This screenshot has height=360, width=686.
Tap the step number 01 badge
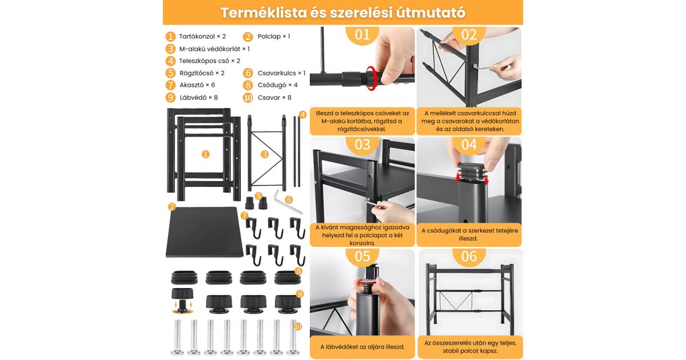(362, 35)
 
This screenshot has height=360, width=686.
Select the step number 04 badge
(469, 145)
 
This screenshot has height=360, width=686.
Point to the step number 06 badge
(469, 257)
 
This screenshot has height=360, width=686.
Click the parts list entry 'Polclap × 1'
(274, 37)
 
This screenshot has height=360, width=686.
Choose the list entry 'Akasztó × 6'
(197, 85)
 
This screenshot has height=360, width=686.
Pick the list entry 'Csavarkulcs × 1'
(281, 73)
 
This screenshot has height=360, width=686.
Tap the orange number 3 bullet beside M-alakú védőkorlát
(170, 49)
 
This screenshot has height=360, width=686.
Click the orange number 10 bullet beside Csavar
(248, 98)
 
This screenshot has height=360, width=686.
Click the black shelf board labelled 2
(204, 233)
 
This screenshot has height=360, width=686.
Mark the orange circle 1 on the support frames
(205, 154)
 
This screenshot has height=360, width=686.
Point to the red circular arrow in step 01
(371, 78)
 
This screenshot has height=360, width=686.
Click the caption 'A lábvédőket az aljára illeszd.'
(362, 347)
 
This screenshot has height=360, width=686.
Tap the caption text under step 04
(469, 234)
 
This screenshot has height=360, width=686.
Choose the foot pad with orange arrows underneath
(182, 301)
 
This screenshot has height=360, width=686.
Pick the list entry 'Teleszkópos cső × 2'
(209, 61)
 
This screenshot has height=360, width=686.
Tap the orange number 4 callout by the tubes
(302, 115)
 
